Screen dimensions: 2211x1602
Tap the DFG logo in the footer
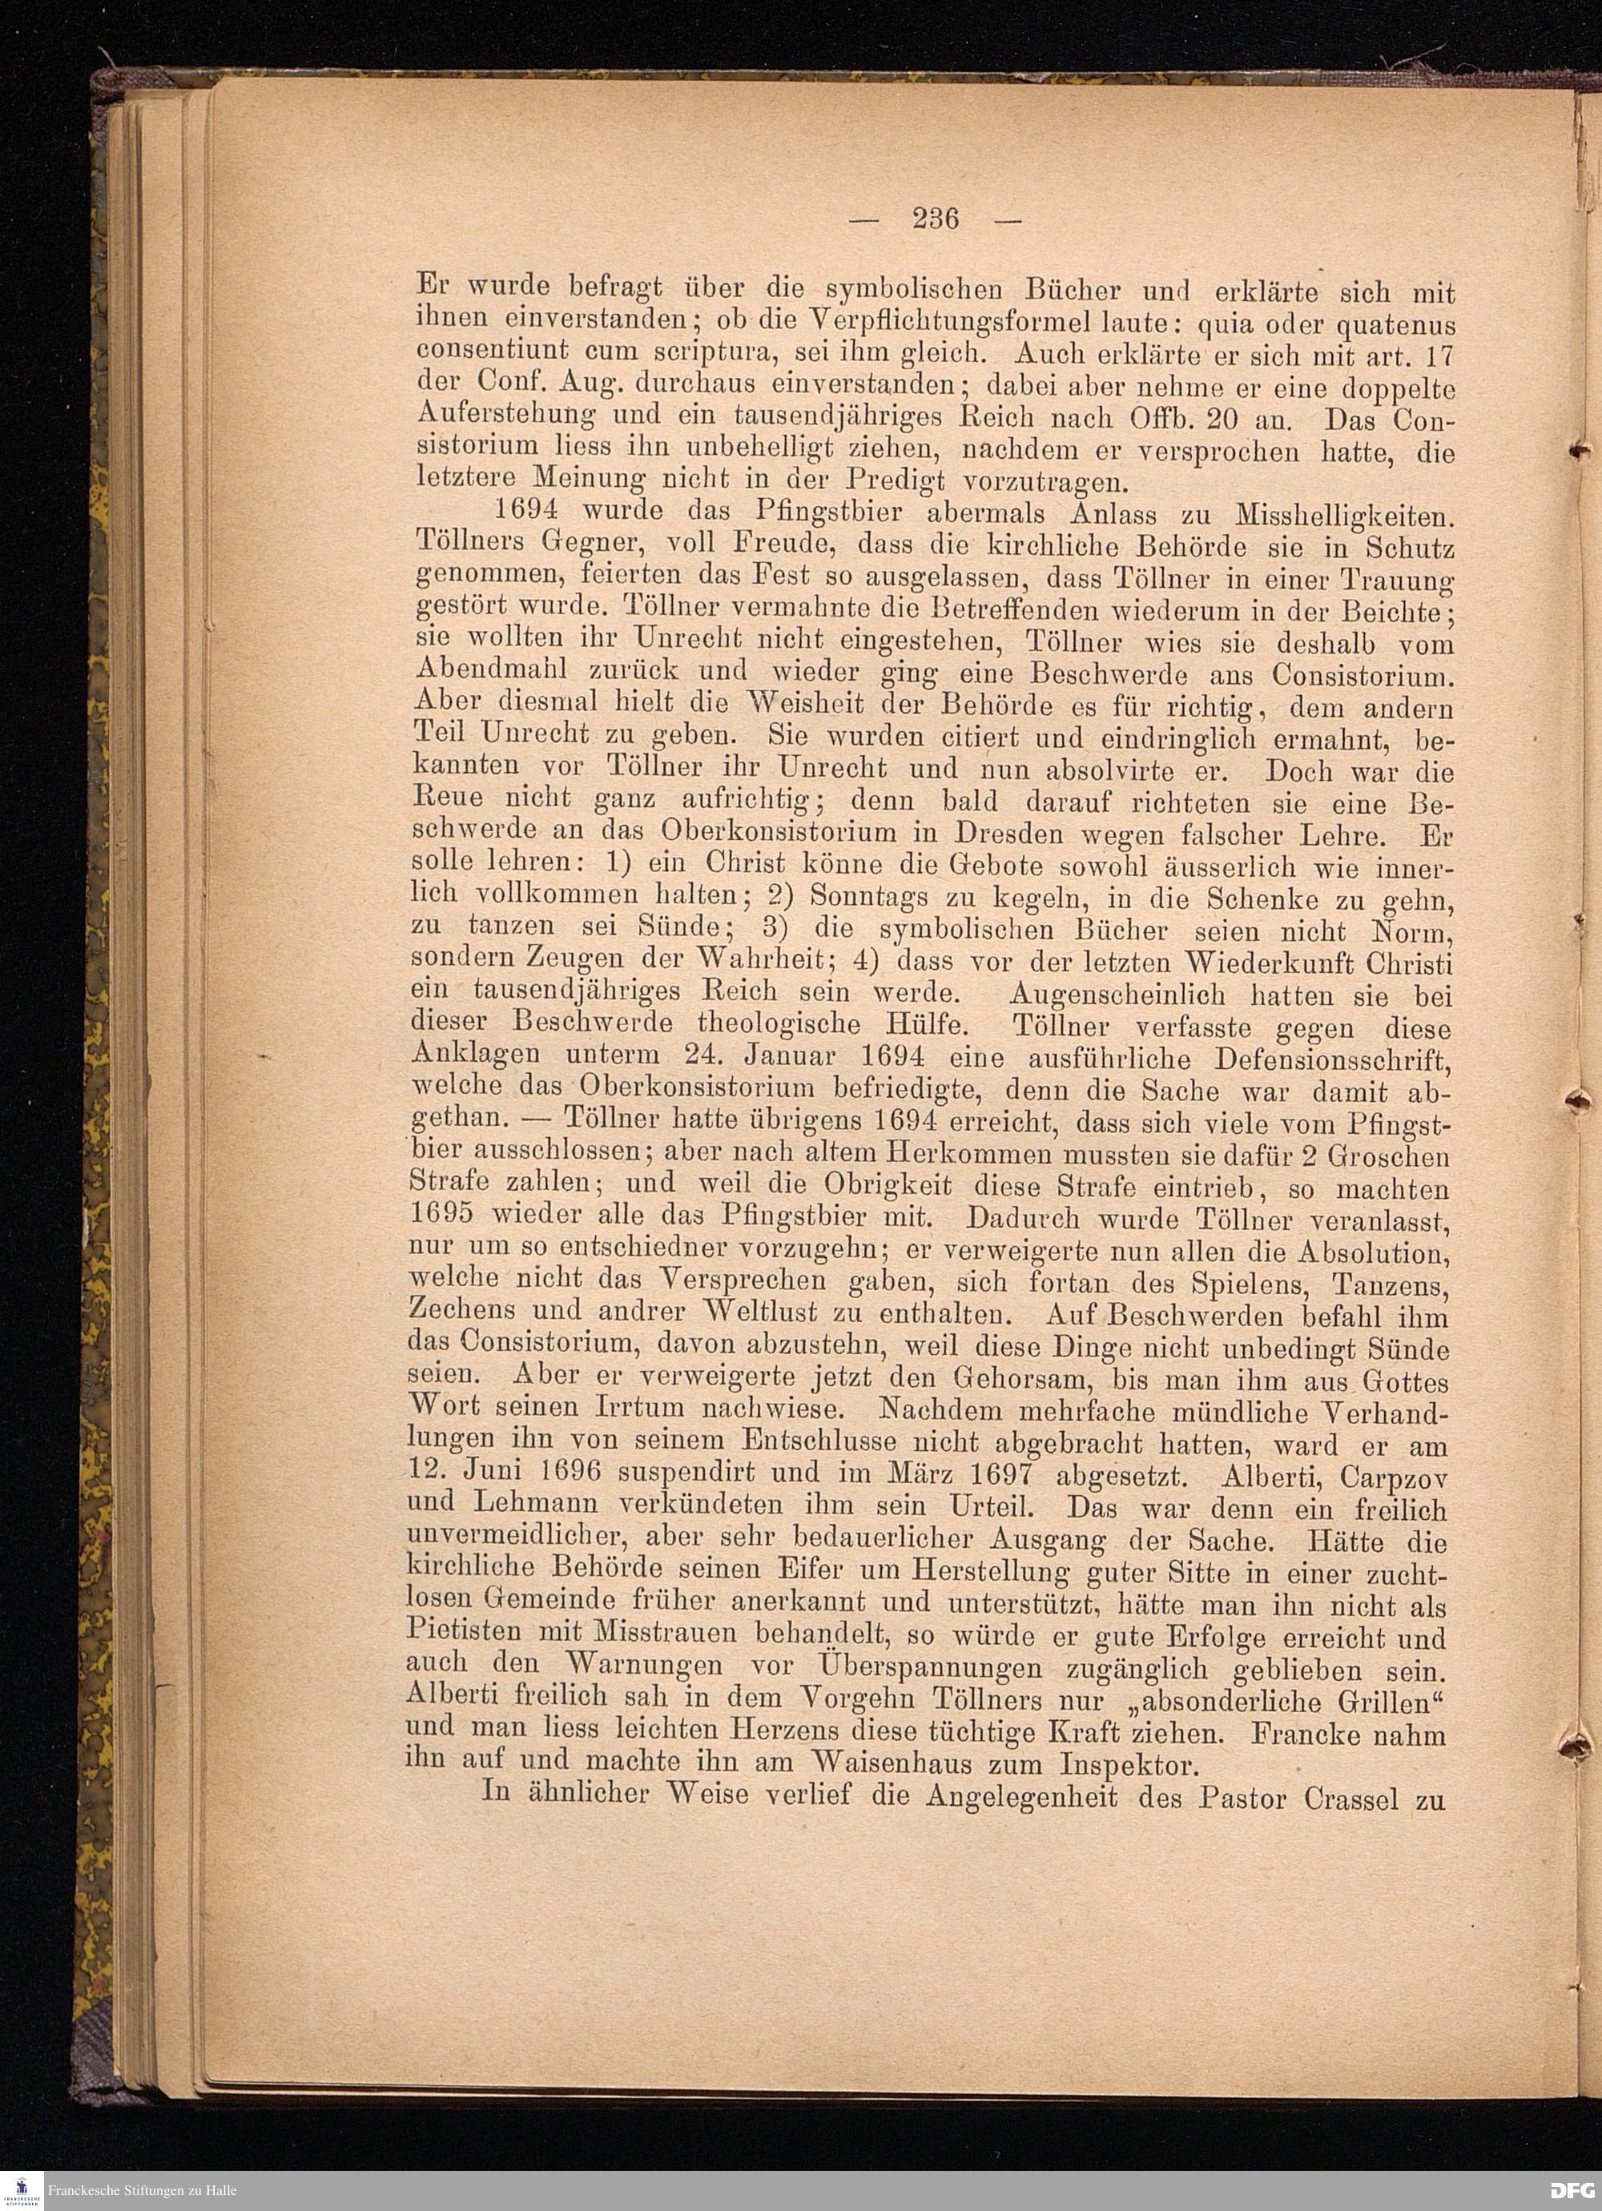[x=1572, y=2189]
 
